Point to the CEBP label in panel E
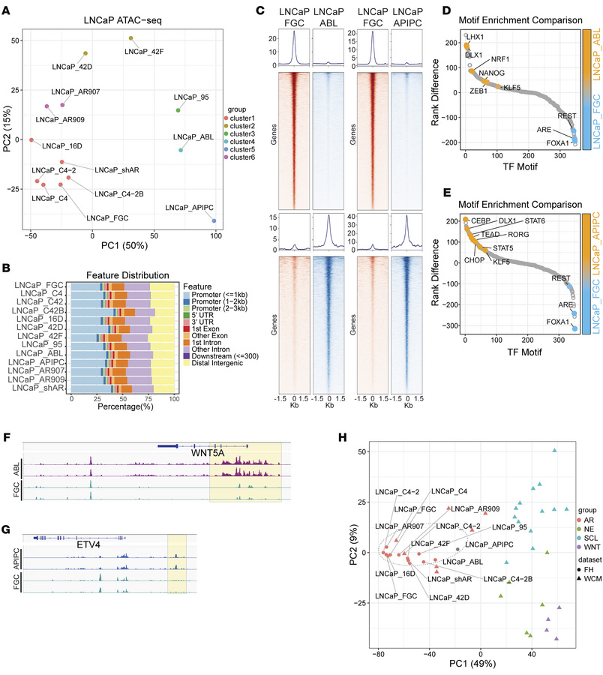(481, 222)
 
